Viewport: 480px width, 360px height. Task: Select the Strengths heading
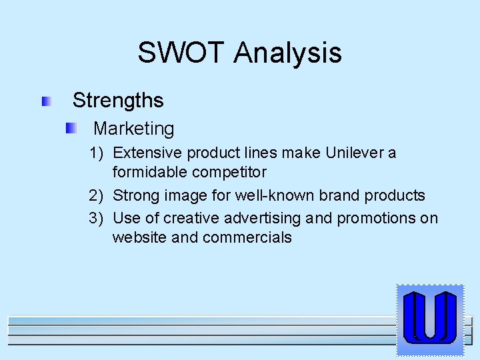pos(118,101)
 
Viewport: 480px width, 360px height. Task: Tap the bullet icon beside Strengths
pos(46,101)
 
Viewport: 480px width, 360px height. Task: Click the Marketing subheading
pos(134,129)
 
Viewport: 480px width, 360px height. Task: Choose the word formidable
pos(150,172)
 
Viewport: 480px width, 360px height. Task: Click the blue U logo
pos(430,319)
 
